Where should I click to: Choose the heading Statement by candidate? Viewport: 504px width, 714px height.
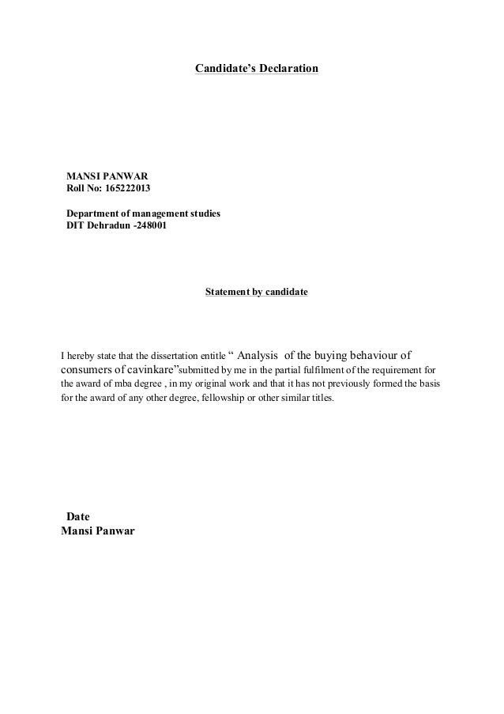(256, 293)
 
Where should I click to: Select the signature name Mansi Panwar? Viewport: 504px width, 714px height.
(98, 531)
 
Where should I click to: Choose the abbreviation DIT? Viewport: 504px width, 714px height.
(76, 228)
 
